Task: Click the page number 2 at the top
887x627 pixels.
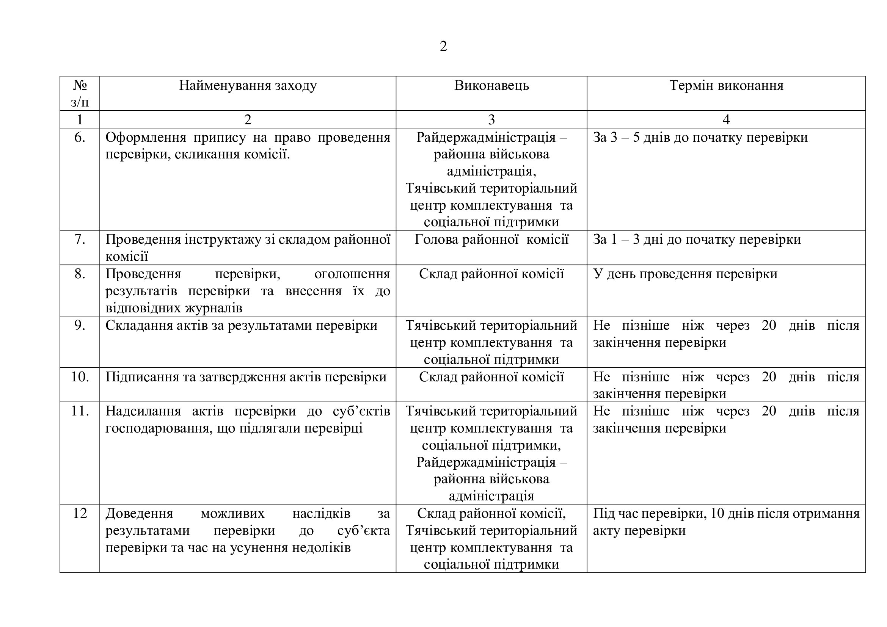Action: pos(443,46)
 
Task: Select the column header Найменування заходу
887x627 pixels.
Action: pos(248,85)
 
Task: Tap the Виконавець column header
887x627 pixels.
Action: pos(491,85)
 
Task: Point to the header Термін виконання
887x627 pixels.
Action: pos(726,85)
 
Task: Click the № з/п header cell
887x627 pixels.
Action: pos(80,93)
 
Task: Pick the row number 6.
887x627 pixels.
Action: pos(80,138)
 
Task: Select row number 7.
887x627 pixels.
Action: pos(80,239)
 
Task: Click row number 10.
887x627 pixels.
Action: pos(80,376)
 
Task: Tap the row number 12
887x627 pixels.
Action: pos(80,513)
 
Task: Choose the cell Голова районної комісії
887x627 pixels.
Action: pos(491,239)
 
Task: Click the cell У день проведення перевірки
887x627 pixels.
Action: pos(685,274)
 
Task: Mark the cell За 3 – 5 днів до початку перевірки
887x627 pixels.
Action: pos(700,138)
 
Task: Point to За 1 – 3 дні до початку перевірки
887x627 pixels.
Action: pos(697,239)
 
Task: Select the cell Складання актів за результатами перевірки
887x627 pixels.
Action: pos(242,326)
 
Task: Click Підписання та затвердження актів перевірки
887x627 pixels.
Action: pos(246,377)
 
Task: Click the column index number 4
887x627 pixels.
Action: pos(726,120)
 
